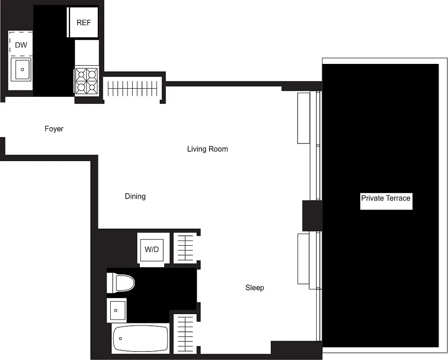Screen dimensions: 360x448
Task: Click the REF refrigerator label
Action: pyautogui.click(x=84, y=22)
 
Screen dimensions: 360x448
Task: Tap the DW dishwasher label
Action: pyautogui.click(x=21, y=45)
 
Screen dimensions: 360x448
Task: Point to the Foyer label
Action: pyautogui.click(x=54, y=129)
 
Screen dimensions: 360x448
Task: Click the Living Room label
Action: pyautogui.click(x=207, y=149)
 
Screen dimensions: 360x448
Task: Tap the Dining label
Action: pyautogui.click(x=135, y=196)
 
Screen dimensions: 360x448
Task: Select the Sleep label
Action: pyautogui.click(x=255, y=288)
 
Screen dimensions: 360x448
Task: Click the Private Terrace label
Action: pyautogui.click(x=386, y=198)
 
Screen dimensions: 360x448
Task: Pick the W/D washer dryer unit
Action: pyautogui.click(x=152, y=249)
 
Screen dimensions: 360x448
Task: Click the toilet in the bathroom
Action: pyautogui.click(x=121, y=283)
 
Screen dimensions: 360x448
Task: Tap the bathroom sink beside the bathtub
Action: pyautogui.click(x=117, y=310)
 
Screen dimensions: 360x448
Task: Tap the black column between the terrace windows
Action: pyautogui.click(x=312, y=215)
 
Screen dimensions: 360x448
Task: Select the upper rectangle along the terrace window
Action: pyautogui.click(x=304, y=117)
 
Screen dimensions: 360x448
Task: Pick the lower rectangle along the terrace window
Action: pyautogui.click(x=304, y=258)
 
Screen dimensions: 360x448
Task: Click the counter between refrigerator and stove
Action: pyautogui.click(x=87, y=52)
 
